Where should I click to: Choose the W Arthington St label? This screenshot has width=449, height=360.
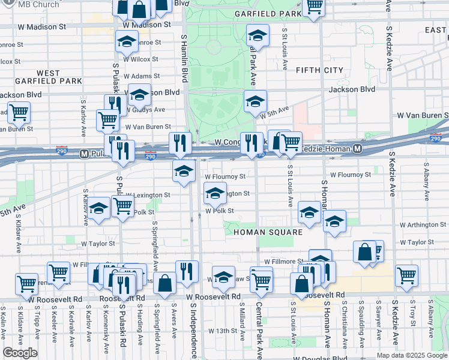click(x=422, y=224)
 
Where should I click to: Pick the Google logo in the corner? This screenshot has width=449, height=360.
click(x=20, y=353)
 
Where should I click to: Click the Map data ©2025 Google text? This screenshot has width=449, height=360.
click(x=411, y=356)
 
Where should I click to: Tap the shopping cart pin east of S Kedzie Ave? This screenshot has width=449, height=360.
click(x=407, y=275)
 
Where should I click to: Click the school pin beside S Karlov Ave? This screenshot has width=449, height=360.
click(x=99, y=208)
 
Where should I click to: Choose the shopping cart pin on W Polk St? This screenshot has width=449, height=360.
click(x=123, y=206)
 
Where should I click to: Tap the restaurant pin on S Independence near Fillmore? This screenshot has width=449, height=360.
click(x=187, y=271)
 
